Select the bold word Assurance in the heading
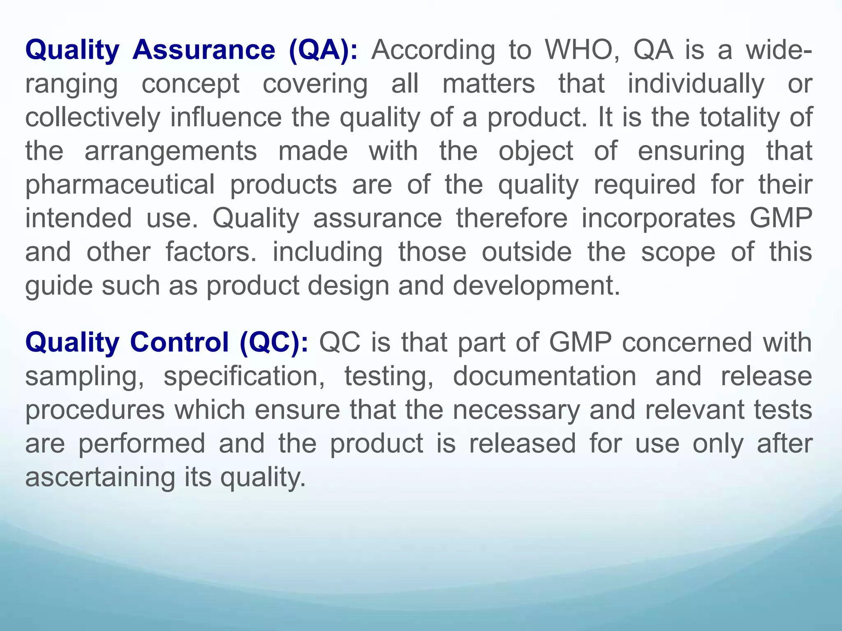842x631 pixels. [204, 50]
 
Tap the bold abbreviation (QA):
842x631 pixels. [323, 50]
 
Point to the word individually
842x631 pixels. [696, 84]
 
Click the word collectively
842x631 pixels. [93, 117]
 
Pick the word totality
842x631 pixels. [740, 117]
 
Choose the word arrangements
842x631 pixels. [171, 151]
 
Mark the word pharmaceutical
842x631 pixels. [120, 185]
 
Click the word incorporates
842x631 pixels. [658, 218]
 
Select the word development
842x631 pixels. [536, 286]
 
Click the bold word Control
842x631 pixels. [180, 342]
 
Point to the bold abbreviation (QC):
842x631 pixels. [274, 342]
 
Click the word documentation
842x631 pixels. [544, 376]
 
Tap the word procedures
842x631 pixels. [95, 410]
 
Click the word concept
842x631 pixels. [190, 84]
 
